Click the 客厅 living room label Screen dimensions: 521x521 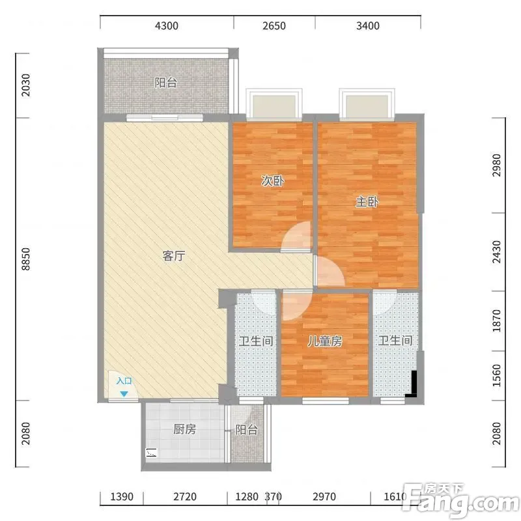tap(174, 256)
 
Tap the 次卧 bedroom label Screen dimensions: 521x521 tap(273, 181)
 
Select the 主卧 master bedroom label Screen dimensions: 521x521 tap(367, 202)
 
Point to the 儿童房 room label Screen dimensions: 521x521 tap(324, 341)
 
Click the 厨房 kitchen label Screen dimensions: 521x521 tap(185, 429)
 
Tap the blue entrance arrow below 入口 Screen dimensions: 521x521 tap(124, 394)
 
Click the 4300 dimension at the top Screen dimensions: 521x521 tap(167, 25)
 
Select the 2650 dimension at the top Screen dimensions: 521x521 tap(274, 25)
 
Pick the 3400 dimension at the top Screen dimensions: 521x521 tap(368, 25)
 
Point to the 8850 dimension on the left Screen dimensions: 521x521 tap(25, 259)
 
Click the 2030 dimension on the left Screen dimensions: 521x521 tap(25, 85)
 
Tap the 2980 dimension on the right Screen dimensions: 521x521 tap(496, 165)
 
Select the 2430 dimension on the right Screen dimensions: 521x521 tap(496, 252)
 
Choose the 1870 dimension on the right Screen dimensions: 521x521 tap(496, 320)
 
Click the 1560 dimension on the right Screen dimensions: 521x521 tap(496, 376)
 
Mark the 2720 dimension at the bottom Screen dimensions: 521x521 tap(185, 497)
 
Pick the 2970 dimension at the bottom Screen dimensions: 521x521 tap(324, 497)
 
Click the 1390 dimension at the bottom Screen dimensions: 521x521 tap(122, 497)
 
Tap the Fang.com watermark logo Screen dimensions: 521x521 tap(460, 500)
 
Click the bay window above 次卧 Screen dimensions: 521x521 tap(274, 104)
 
